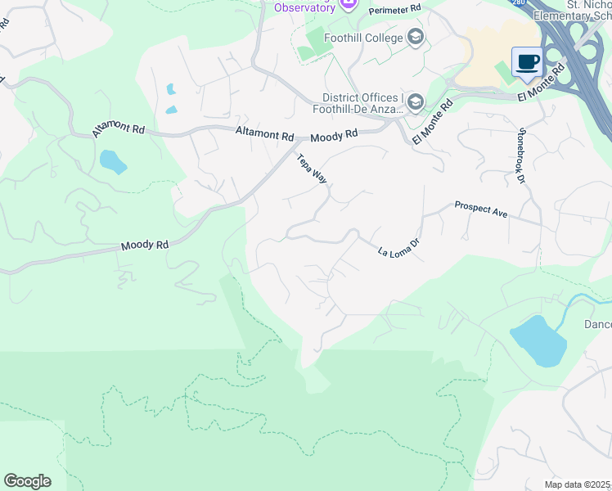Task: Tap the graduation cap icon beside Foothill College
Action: [416, 37]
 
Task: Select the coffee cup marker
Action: [526, 61]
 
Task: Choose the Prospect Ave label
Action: [481, 209]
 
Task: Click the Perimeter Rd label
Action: [394, 9]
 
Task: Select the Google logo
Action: [27, 480]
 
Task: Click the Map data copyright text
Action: [578, 484]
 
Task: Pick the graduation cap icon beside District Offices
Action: [415, 101]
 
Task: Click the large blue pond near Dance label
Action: [538, 340]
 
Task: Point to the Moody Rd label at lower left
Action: [144, 244]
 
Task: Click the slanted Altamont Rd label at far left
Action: [119, 128]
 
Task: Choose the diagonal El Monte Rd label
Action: [433, 122]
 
